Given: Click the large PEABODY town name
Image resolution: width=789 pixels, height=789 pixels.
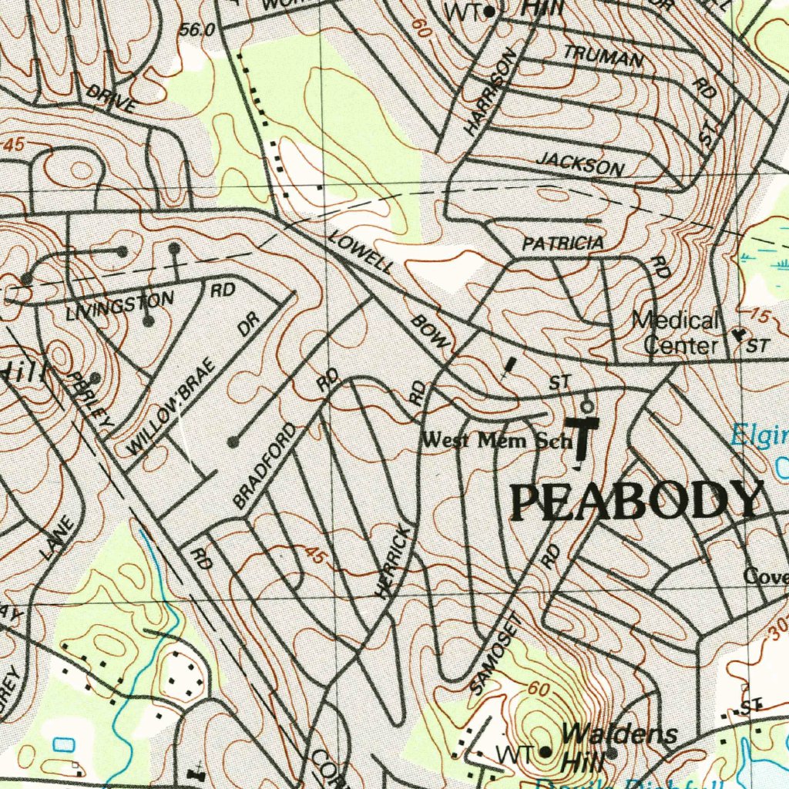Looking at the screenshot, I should click(636, 502).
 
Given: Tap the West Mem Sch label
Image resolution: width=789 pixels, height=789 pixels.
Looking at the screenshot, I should click(496, 442).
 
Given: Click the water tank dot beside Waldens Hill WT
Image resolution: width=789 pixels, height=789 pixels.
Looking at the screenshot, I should click(545, 751).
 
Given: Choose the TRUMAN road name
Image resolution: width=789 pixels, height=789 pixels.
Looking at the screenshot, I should click(603, 56).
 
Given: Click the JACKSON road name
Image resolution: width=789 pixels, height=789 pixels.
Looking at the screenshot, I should click(580, 163).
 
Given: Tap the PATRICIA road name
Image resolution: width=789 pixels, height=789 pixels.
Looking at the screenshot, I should click(562, 243).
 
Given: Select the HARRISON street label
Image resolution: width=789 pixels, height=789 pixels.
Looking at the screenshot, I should click(490, 93).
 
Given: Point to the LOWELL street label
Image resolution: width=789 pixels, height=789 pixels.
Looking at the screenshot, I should click(361, 251).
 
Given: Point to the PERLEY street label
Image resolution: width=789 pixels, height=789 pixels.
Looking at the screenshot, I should click(92, 400).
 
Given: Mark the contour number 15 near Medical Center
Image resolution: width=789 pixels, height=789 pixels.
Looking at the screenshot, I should click(759, 316).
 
